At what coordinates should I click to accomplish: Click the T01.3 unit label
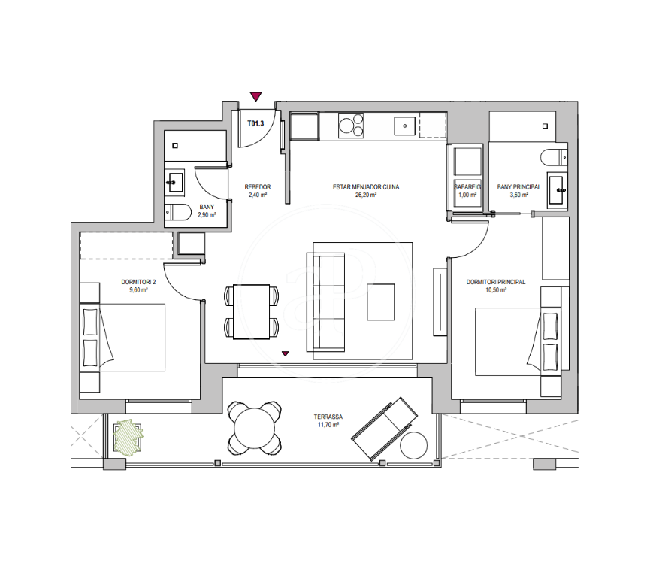255,123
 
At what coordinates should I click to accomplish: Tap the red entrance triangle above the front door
255,97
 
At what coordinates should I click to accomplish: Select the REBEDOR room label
258,187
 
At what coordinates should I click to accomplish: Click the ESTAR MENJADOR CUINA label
366,187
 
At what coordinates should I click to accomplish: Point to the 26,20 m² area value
366,195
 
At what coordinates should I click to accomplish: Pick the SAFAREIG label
467,187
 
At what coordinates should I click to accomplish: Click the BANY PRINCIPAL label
519,187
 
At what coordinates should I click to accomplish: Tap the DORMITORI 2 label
138,282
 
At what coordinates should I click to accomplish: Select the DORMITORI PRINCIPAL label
496,282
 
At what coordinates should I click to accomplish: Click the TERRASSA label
328,417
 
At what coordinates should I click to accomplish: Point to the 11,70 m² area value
328,425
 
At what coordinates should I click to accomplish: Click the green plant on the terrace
128,437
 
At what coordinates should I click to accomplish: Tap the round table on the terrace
255,428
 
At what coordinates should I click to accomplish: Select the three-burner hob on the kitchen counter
351,126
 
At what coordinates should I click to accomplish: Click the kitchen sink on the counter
404,126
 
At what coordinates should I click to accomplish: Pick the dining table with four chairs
251,311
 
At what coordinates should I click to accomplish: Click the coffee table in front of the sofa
381,302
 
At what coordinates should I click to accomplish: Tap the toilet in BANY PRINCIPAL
554,157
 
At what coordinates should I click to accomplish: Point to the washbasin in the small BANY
175,182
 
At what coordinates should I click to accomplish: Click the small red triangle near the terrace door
286,354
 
